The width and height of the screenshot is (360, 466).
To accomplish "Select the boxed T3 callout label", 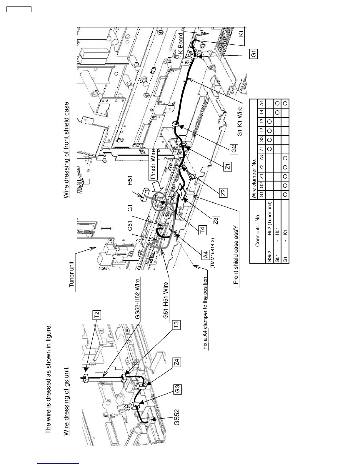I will (176, 325).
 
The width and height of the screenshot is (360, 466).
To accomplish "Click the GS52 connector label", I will (176, 417).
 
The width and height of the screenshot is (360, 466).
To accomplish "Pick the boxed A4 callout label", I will (206, 254).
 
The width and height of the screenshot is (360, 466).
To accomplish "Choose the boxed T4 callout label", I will (203, 229).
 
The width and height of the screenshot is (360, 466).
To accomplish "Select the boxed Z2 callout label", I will (223, 193).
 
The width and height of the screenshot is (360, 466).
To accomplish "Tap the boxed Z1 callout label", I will (228, 167).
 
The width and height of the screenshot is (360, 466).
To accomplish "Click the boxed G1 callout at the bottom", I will (253, 54).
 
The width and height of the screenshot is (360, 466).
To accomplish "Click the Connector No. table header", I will (258, 230).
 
